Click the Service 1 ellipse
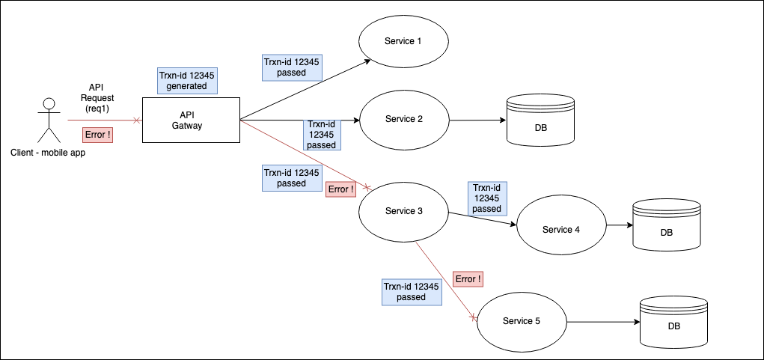pos(403,40)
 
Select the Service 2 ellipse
pos(403,119)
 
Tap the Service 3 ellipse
pos(403,211)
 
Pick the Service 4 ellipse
pos(560,229)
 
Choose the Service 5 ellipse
pos(521,321)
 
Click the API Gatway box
pos(191,120)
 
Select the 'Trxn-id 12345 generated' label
pos(186,81)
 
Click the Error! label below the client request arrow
pos(98,135)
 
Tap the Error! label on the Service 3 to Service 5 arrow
pos(468,278)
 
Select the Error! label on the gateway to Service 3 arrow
pos(340,189)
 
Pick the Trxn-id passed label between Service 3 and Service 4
pos(486,198)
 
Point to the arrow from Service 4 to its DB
pos(619,225)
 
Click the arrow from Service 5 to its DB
pos(602,323)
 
